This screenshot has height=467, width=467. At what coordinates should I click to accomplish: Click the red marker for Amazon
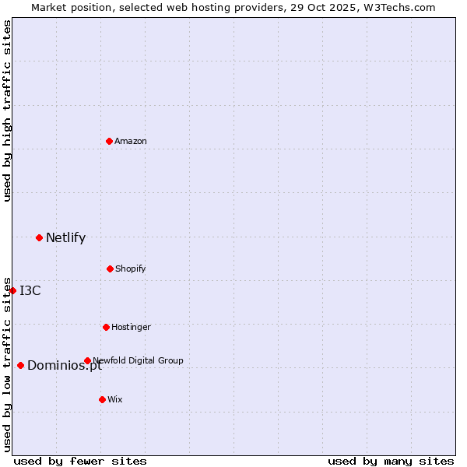pyautogui.click(x=109, y=141)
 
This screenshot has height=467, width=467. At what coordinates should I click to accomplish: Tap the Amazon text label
pyautogui.click(x=131, y=142)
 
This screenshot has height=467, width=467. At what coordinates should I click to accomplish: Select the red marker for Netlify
pyautogui.click(x=39, y=237)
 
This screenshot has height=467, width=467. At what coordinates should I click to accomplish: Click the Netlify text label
pyautogui.click(x=65, y=238)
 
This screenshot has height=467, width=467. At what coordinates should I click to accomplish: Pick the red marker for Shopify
pyautogui.click(x=110, y=269)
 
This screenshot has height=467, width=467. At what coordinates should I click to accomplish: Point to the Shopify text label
pyautogui.click(x=131, y=269)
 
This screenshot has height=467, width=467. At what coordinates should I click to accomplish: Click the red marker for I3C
pyautogui.click(x=12, y=290)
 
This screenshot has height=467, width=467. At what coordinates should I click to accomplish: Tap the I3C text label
pyautogui.click(x=30, y=291)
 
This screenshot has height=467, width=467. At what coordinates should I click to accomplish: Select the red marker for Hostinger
pyautogui.click(x=106, y=327)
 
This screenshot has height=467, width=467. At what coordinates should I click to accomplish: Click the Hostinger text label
pyautogui.click(x=131, y=328)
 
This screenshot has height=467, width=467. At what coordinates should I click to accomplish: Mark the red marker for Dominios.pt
pyautogui.click(x=20, y=365)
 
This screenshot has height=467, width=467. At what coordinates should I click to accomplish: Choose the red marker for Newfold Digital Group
pyautogui.click(x=87, y=360)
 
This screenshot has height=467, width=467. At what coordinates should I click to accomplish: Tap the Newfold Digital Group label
pyautogui.click(x=138, y=361)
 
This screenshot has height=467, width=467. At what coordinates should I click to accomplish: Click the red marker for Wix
pyautogui.click(x=102, y=399)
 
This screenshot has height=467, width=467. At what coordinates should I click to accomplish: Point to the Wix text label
pyautogui.click(x=115, y=400)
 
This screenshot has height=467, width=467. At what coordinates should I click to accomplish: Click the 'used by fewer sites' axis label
pyautogui.click(x=80, y=462)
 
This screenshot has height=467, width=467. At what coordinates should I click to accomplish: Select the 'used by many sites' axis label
pyautogui.click(x=391, y=462)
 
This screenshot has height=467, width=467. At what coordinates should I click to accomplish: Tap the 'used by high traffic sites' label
pyautogui.click(x=7, y=111)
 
